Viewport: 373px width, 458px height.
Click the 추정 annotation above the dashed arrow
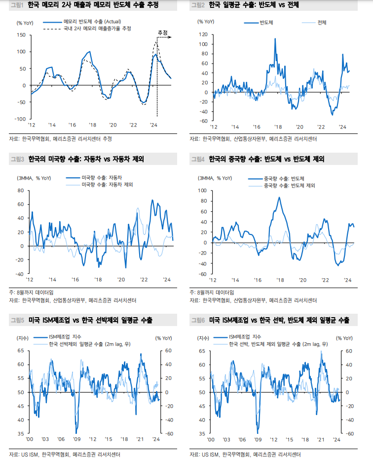click(162, 33)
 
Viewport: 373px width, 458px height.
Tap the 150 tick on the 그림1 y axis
click(21, 35)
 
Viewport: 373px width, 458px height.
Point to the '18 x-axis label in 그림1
click(92, 126)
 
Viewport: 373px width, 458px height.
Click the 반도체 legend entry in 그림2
click(266, 23)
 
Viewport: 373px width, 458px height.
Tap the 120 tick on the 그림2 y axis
click(203, 34)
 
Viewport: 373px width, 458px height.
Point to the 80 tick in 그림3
click(21, 190)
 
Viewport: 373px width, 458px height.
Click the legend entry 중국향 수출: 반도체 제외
click(290, 186)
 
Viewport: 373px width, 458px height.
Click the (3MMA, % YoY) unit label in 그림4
click(215, 178)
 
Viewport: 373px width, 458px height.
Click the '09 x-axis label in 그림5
click(77, 439)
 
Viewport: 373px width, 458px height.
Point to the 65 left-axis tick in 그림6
click(202, 351)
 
